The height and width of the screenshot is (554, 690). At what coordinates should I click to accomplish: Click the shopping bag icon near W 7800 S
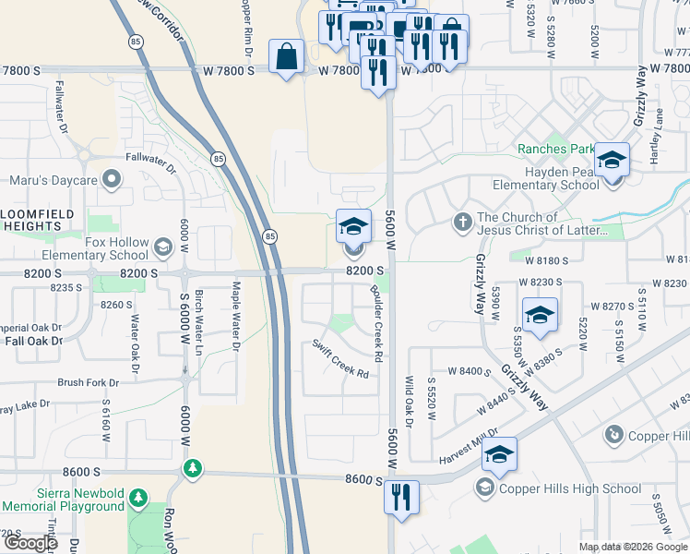coord(287,56)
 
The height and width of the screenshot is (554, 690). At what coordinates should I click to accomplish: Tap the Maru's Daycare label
coord(54,179)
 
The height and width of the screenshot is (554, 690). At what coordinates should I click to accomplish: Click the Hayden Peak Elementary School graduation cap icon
coord(611,160)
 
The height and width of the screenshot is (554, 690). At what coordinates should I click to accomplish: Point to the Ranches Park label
coord(555,149)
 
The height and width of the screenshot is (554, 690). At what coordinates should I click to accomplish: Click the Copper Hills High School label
coord(570,488)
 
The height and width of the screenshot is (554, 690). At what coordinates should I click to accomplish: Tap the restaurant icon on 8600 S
coord(401,496)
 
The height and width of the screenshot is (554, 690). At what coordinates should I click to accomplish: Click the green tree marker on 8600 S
coord(192,469)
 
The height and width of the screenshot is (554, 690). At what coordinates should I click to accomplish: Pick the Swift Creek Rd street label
coord(340,359)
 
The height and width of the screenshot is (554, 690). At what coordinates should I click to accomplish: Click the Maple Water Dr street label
coord(236,316)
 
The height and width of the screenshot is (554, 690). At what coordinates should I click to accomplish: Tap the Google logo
coord(30,544)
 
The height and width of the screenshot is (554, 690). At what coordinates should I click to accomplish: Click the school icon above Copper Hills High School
coord(499,453)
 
